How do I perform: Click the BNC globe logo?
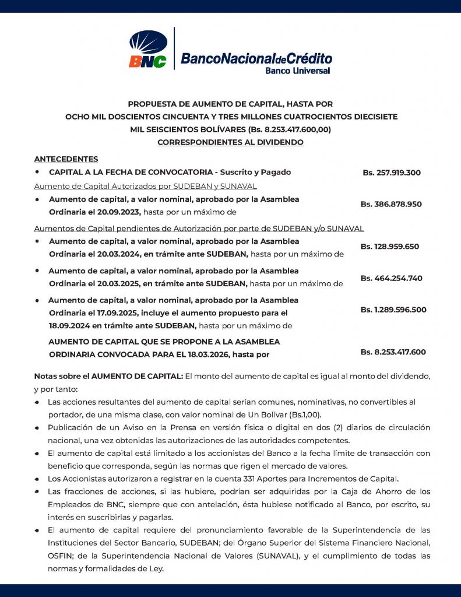click(148, 50)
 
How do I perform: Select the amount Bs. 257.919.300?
click(392, 173)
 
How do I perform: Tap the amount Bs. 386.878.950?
click(391, 204)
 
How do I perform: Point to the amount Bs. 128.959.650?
click(389, 247)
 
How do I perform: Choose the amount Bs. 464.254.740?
click(391, 278)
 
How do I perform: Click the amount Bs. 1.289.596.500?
click(393, 310)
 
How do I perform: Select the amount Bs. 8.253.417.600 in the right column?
click(393, 352)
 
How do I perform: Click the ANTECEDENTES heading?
click(66, 159)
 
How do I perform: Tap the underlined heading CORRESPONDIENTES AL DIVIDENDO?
click(230, 142)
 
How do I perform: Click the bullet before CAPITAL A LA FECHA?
click(37, 173)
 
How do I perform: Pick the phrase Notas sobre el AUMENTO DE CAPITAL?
click(108, 377)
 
